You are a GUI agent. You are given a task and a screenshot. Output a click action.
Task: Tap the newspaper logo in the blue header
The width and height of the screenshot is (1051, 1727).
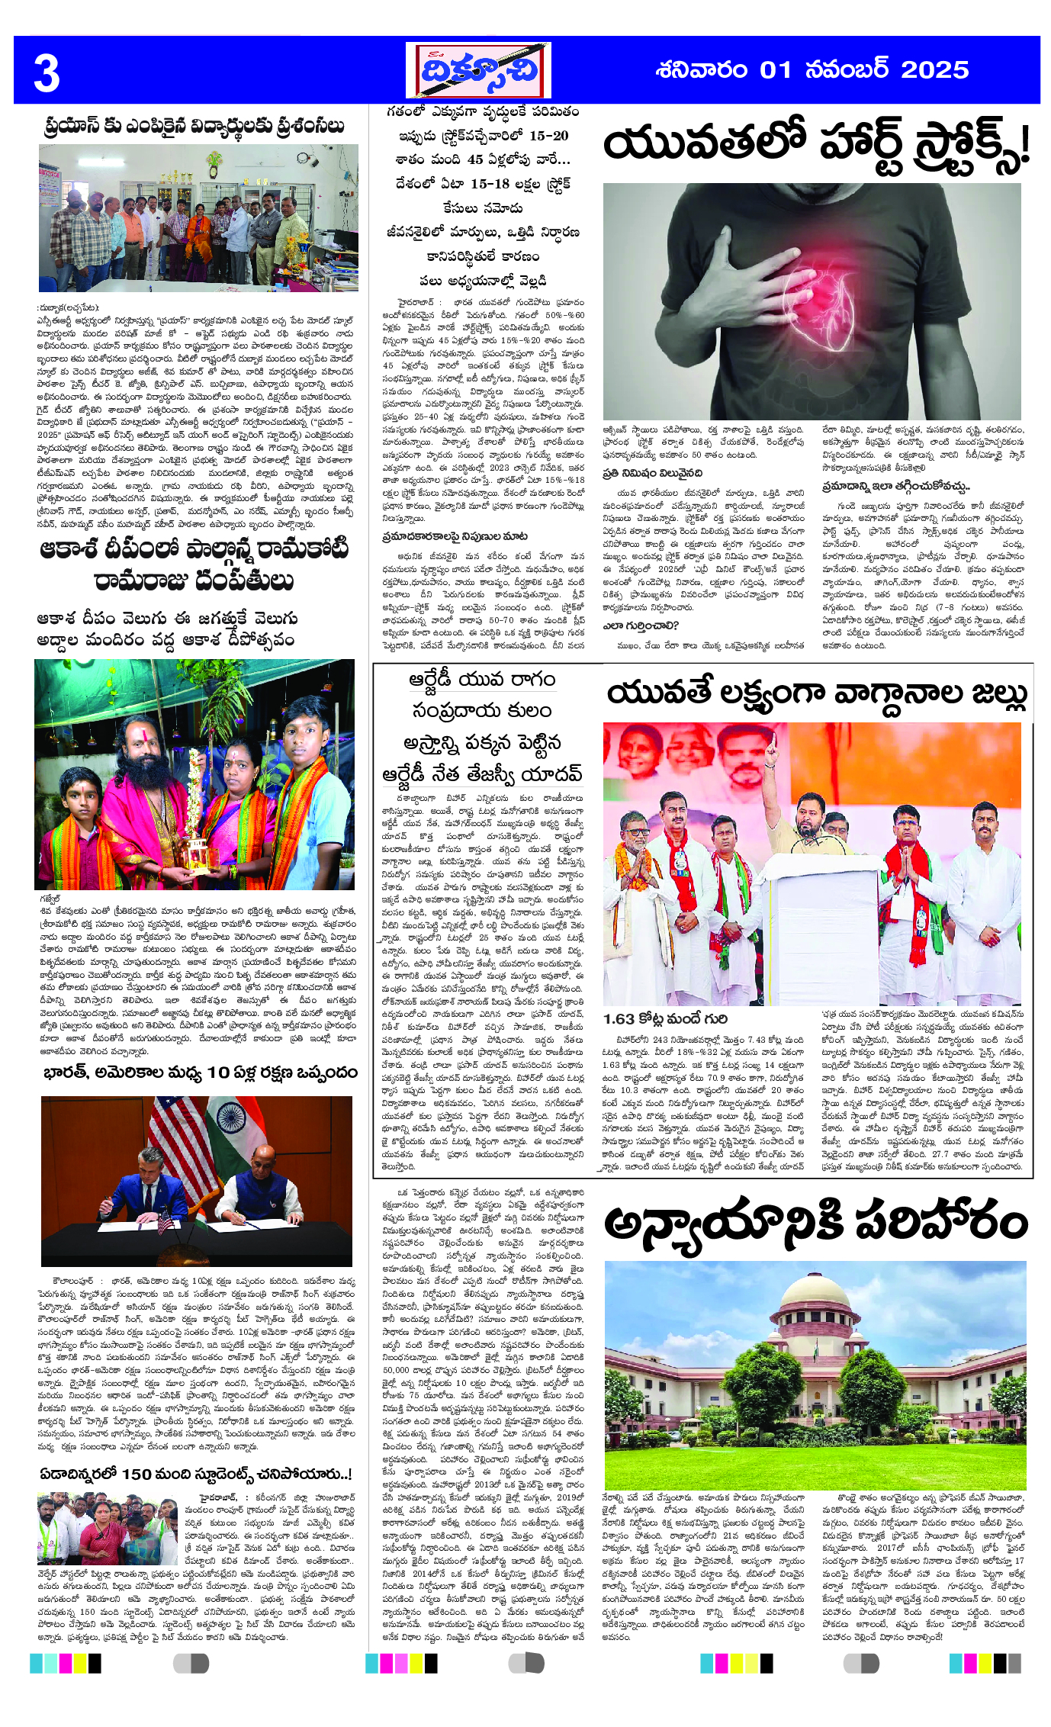coord(478,71)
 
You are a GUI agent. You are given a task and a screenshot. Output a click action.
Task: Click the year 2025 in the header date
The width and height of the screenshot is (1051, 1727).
coord(934,70)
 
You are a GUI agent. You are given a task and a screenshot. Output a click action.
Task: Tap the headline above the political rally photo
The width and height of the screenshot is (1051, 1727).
coord(816,694)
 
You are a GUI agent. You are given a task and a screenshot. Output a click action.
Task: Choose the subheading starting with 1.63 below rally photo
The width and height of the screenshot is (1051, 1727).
coord(665,1019)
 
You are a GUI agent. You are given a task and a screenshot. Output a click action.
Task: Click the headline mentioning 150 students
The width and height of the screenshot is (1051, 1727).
coord(196,1474)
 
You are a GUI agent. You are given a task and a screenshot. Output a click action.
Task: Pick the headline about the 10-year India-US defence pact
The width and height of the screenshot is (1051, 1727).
coord(200,1073)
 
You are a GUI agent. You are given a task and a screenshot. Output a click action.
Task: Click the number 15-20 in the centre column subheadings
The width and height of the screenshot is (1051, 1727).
coord(548,136)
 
